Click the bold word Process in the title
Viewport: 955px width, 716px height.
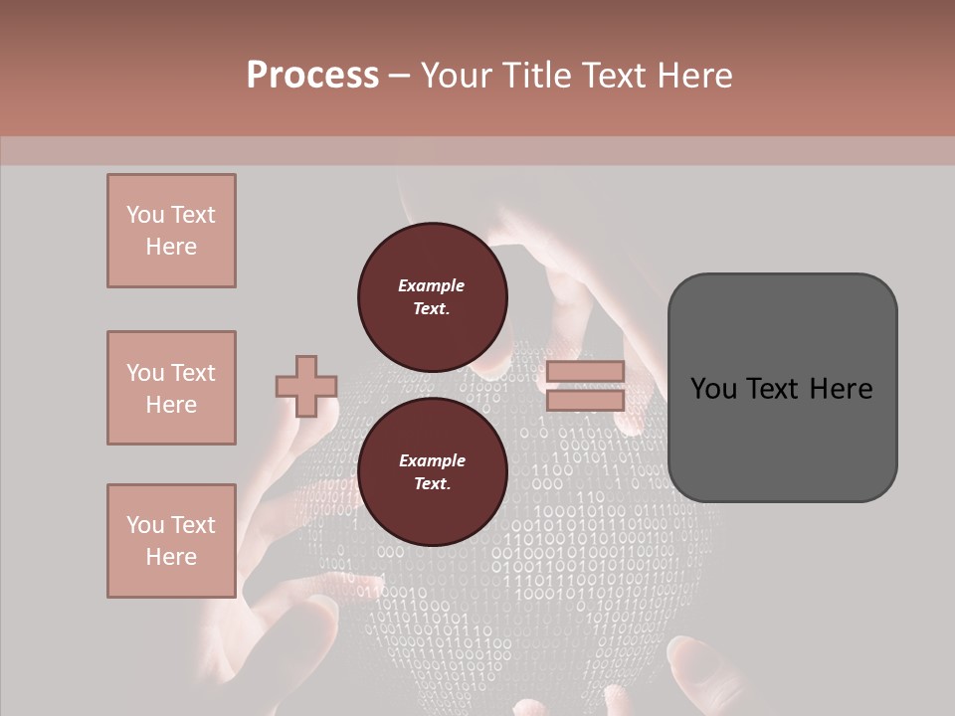312,76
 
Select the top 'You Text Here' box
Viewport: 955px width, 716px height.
171,231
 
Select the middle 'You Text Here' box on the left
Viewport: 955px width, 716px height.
171,388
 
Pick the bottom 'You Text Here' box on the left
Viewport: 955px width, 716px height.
171,541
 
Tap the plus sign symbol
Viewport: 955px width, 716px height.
306,386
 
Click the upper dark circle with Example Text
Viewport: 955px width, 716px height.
432,297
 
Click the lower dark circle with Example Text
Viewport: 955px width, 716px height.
432,472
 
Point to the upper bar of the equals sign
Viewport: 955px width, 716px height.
585,371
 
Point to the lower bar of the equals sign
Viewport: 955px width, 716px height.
585,401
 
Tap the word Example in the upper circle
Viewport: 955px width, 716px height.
432,285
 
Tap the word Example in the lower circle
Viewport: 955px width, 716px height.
432,460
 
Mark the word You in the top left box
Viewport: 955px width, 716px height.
144,215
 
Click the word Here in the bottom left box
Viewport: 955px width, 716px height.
171,557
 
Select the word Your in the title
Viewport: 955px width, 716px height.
456,76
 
